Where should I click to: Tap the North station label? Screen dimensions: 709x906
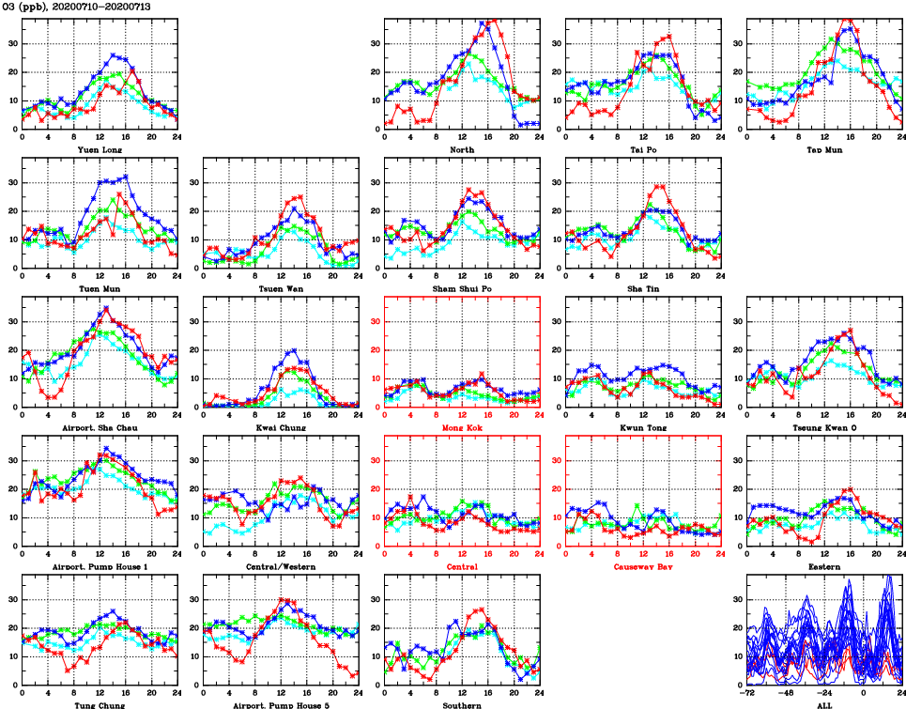[462, 149]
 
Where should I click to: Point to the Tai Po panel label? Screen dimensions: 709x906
[643, 149]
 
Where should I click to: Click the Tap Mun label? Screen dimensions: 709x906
[823, 149]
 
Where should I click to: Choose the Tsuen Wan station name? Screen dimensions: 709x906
[282, 288]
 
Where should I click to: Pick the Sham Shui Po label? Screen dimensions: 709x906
[462, 288]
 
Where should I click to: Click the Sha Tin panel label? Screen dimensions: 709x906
[643, 288]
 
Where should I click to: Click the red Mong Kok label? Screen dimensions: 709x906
[462, 427]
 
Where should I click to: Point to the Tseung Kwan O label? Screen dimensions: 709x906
[823, 427]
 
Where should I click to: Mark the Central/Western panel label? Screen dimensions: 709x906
[282, 566]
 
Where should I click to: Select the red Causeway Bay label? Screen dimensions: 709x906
[643, 566]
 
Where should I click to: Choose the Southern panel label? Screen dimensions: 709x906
[462, 704]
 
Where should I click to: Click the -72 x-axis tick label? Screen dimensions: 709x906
[747, 692]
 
